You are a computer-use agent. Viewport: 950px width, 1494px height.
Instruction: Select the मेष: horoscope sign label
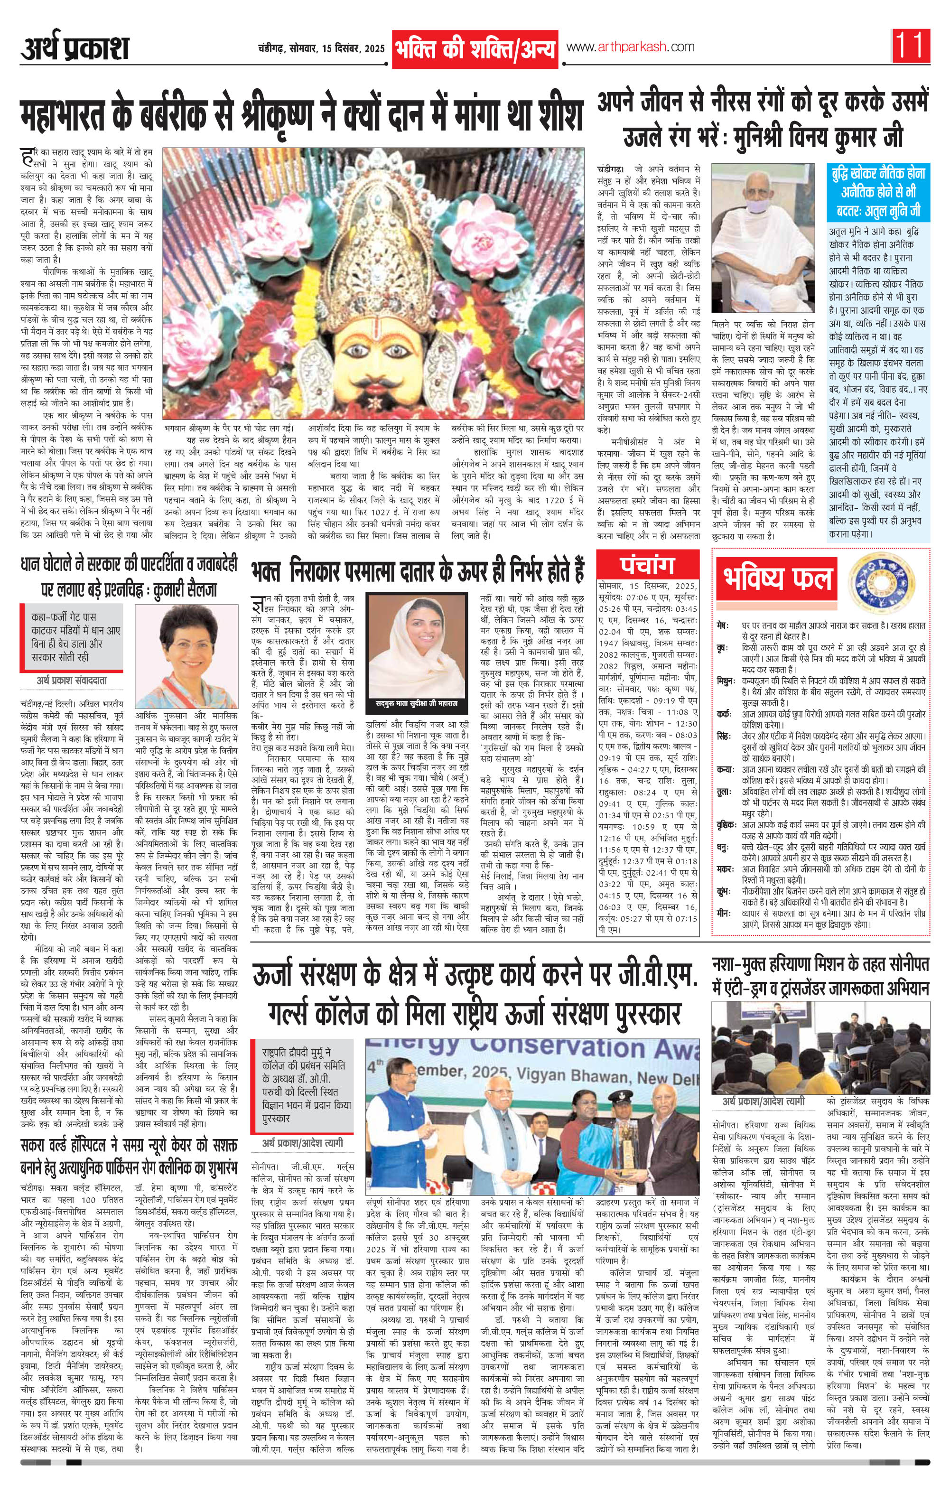pyautogui.click(x=722, y=623)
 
